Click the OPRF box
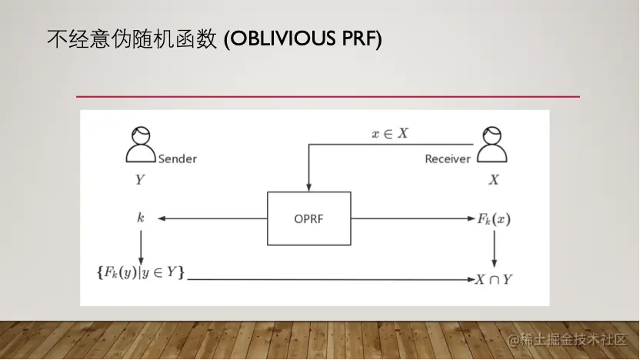[308, 218]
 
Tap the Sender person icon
[140, 145]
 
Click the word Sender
[177, 159]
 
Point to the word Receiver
[447, 159]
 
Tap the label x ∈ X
[390, 133]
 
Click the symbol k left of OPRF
[140, 218]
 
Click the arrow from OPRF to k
[212, 218]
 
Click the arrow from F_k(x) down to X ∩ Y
[494, 248]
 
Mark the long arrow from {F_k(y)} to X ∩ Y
[331, 278]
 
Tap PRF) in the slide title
[362, 38]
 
